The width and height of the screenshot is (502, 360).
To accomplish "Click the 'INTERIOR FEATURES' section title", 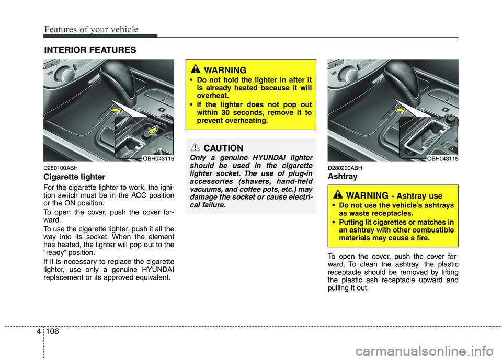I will pos(89,50).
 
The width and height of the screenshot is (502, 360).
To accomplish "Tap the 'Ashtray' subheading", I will pos(343,177).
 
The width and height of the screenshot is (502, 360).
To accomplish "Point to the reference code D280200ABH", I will pos(345,168).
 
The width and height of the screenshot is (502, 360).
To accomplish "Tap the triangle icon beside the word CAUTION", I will pos(196,148).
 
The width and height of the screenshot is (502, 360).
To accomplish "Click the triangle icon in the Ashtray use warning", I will pos(338,195).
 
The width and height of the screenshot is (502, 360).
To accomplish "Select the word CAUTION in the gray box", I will pos(223,148).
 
